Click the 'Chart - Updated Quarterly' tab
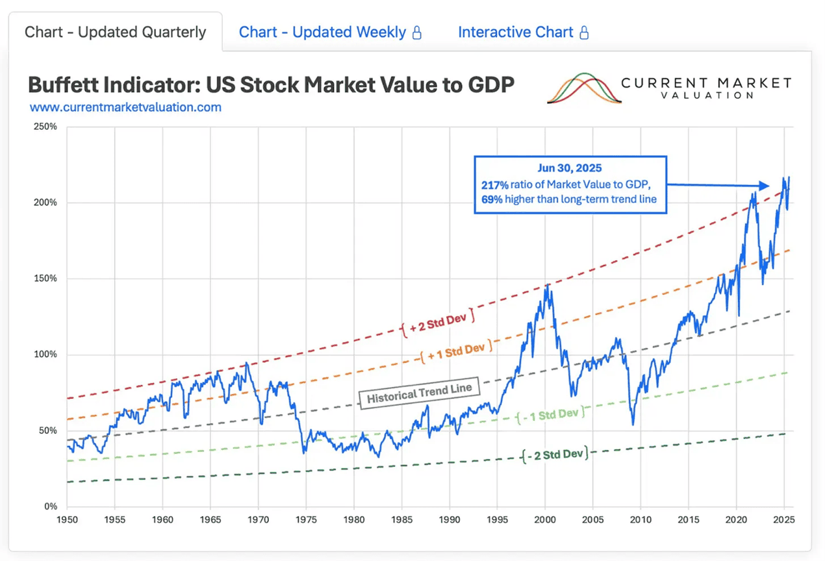tap(115, 32)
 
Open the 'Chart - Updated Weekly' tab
tap(322, 32)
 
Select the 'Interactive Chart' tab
tap(515, 32)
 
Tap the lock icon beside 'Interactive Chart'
tap(584, 33)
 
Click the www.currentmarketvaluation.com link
tap(125, 107)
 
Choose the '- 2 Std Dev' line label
tap(555, 454)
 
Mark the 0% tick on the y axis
tap(51, 506)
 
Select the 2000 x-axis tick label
tap(545, 520)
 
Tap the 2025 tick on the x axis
tap(784, 520)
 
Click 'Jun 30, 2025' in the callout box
tap(570, 168)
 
